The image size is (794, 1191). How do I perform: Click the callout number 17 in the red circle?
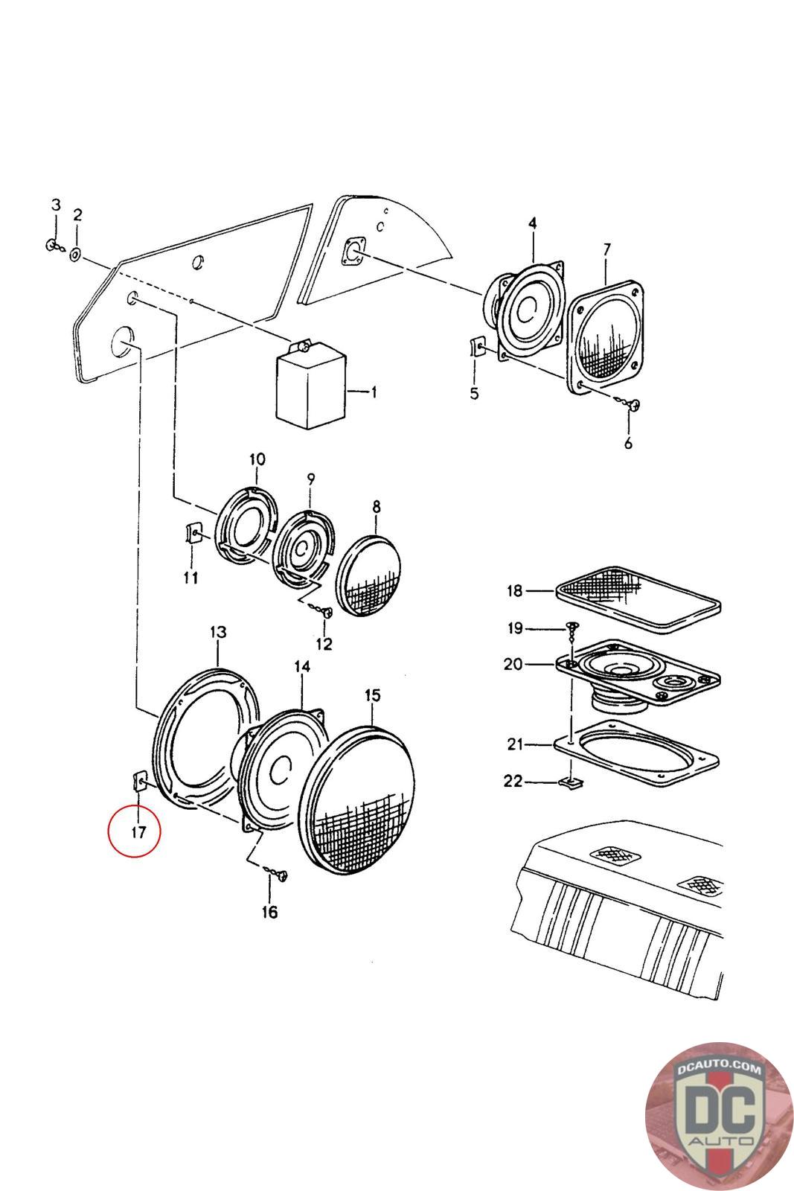click(x=138, y=831)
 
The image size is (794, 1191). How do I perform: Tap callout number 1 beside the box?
click(x=374, y=392)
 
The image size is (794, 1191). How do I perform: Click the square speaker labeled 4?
click(x=523, y=311)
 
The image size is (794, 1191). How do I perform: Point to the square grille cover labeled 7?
click(x=606, y=338)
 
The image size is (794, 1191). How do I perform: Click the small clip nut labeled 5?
click(x=477, y=347)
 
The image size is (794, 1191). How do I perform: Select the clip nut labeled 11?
click(x=193, y=533)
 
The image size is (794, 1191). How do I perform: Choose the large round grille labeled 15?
click(x=356, y=801)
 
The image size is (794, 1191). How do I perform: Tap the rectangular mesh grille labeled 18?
click(x=638, y=599)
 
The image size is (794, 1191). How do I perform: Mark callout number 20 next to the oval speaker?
click(x=513, y=664)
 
